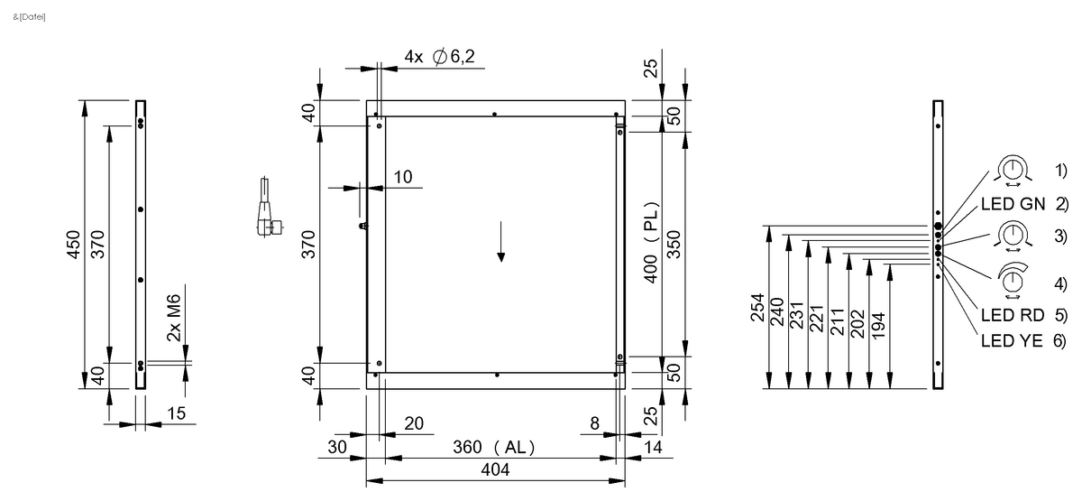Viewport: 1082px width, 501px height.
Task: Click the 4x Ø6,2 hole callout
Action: tap(445, 57)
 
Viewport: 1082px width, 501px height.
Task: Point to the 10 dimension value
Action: tap(402, 177)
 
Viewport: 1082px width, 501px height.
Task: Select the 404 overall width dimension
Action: tap(495, 469)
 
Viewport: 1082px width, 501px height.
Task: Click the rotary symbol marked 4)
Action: tap(1013, 283)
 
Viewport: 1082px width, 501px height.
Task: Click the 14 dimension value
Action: tap(654, 448)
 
